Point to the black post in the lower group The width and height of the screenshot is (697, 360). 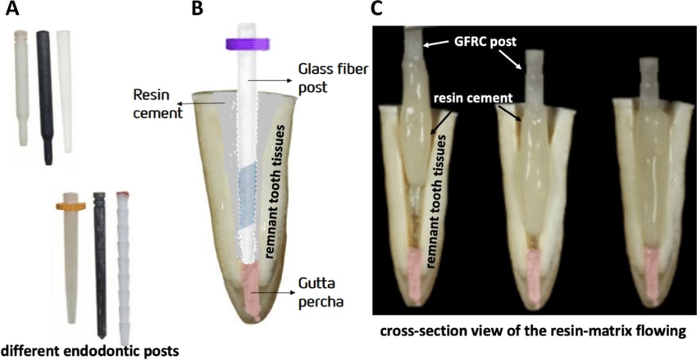click(100, 262)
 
